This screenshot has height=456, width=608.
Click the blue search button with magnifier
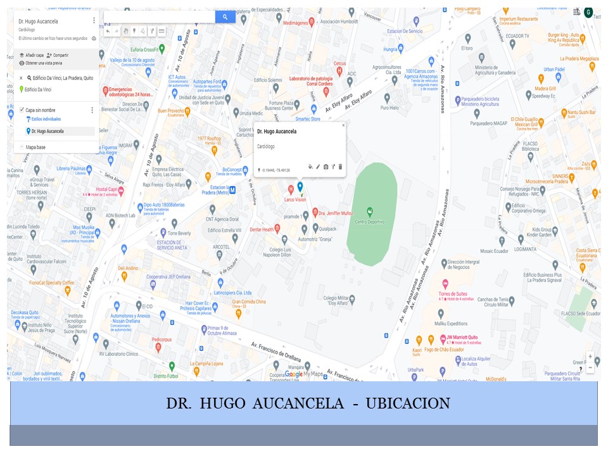coord(225,17)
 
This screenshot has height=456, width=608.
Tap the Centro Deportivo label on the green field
coord(370,222)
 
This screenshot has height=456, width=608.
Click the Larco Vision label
coord(294,199)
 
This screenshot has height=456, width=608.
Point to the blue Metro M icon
coord(232,189)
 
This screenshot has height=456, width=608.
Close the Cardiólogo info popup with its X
coord(343,125)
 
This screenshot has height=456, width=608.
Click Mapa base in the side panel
coord(35,148)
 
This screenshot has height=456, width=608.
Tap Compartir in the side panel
coord(61,56)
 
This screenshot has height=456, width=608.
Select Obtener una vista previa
coord(44,63)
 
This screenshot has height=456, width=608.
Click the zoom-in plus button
coord(590,357)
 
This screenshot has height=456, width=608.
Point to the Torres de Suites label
coord(452,294)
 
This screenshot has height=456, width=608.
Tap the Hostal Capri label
coord(109,189)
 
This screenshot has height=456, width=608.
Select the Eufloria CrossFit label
coord(143,49)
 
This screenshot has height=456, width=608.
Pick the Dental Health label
coord(262,229)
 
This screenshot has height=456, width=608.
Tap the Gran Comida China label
coord(249,302)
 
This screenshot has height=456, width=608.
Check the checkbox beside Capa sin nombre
coord(22,110)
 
